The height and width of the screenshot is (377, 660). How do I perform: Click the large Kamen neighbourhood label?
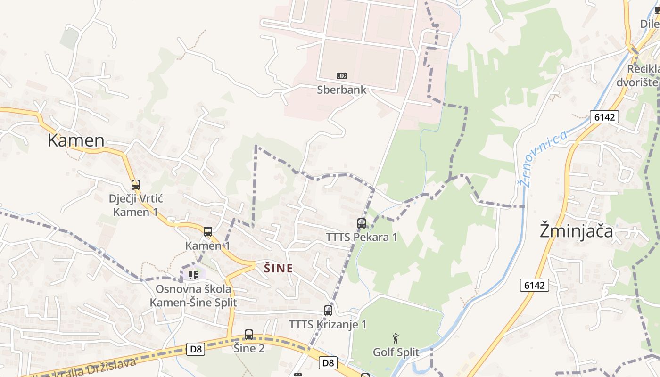click(76, 140)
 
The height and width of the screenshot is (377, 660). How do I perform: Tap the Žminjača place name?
click(577, 231)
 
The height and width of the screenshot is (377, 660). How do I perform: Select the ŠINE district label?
click(278, 269)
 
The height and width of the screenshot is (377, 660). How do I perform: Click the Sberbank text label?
click(341, 90)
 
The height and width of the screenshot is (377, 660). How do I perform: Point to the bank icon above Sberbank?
click(341, 76)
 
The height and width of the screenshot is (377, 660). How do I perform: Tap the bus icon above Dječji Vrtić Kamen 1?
click(136, 185)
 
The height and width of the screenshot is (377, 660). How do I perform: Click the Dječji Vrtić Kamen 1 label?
click(136, 205)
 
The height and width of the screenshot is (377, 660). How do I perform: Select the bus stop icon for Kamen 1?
click(207, 232)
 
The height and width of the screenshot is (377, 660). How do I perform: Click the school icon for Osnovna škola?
click(192, 274)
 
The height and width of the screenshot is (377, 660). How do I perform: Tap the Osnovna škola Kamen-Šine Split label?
click(193, 295)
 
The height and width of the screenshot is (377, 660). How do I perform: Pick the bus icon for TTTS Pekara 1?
click(362, 223)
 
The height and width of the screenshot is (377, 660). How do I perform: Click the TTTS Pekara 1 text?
click(362, 237)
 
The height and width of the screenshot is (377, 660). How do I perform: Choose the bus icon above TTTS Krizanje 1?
click(328, 311)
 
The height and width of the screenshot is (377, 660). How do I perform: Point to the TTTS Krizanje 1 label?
click(328, 324)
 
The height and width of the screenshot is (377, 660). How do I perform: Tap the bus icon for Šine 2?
click(249, 335)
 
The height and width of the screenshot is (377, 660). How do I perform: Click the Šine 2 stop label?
click(249, 348)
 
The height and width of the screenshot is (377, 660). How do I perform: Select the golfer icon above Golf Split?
click(396, 338)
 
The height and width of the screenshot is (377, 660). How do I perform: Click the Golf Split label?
click(396, 352)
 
